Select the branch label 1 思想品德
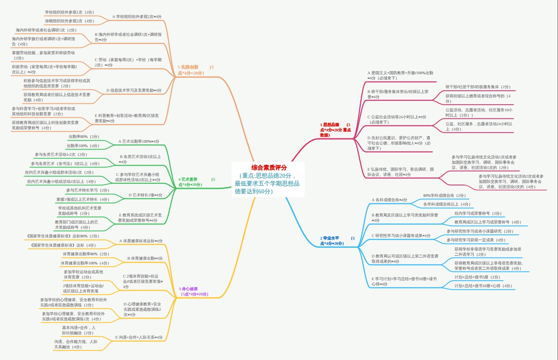pyautogui.click(x=329, y=125)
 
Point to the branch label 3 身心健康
pyautogui.click(x=188, y=289)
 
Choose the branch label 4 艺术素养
pyautogui.click(x=188, y=179)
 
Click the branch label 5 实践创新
pyautogui.click(x=188, y=67)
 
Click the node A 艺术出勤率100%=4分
pyautogui.click(x=139, y=141)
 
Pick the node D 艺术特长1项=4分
pyautogui.click(x=145, y=195)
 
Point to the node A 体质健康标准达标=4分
pyautogui.click(x=141, y=241)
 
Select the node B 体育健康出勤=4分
pyautogui.click(x=145, y=258)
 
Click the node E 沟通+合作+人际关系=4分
pyautogui.click(x=139, y=337)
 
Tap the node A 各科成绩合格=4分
pyautogui.click(x=389, y=200)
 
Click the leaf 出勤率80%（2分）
pyautogui.click(x=84, y=137)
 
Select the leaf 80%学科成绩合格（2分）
pyautogui.click(x=444, y=195)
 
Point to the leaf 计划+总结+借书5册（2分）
pyautogui.click(x=477, y=277)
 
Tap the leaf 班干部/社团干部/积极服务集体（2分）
pyautogui.click(x=478, y=87)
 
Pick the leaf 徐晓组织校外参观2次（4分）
pyautogui.click(x=69, y=21)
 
